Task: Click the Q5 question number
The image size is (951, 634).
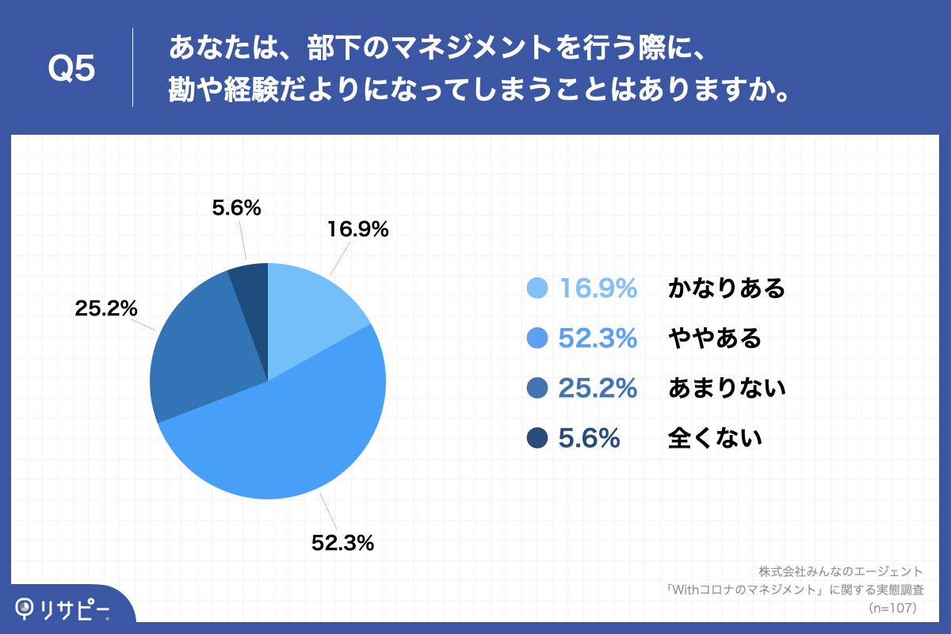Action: (71, 69)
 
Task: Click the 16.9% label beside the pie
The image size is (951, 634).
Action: (357, 230)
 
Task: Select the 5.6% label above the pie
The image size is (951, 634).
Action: (236, 208)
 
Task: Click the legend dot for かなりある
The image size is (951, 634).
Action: (537, 288)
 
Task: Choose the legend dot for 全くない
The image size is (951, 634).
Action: (537, 437)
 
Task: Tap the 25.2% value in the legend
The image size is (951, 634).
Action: (598, 388)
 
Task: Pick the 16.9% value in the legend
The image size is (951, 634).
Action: (598, 288)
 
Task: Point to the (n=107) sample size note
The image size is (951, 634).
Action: (892, 608)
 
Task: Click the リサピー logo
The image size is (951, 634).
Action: (63, 608)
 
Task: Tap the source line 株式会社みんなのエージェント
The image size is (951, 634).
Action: (841, 571)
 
